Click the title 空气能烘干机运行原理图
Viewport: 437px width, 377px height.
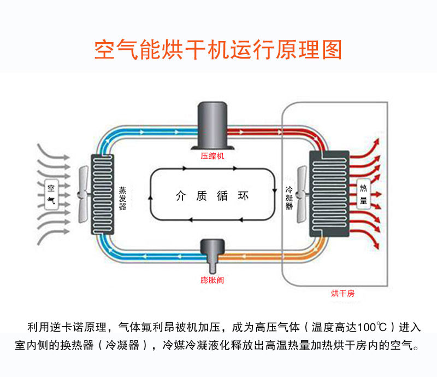(218, 49)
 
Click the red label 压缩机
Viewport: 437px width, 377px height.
(212, 156)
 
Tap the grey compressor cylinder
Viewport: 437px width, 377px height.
(212, 124)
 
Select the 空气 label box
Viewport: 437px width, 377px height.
(51, 194)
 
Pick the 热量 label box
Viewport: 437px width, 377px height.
(363, 194)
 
